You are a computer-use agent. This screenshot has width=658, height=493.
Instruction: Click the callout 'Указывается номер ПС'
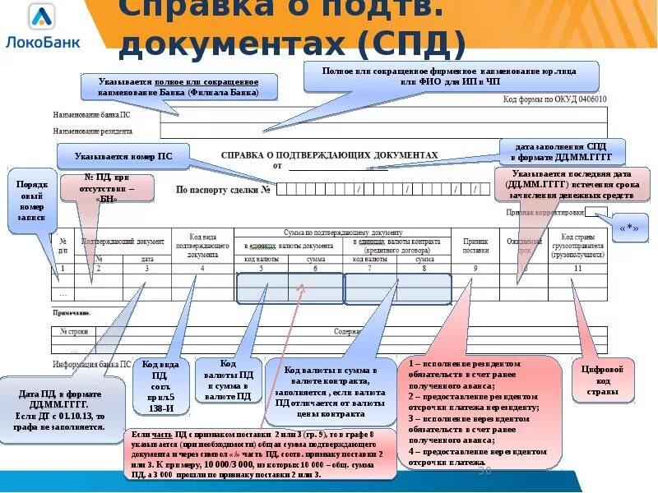[123, 155]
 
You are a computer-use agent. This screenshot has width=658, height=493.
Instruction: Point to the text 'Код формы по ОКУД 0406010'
[554, 99]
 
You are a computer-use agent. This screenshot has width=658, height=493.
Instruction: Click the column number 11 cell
[577, 268]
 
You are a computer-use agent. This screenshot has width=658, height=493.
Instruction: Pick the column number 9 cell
[475, 268]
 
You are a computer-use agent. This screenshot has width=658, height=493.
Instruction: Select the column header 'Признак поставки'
[475, 244]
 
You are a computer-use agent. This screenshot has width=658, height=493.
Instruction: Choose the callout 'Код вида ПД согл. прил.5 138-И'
[159, 386]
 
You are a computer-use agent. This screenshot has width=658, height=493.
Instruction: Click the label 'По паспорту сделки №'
[223, 190]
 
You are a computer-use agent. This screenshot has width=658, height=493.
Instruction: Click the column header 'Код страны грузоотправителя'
[577, 244]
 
